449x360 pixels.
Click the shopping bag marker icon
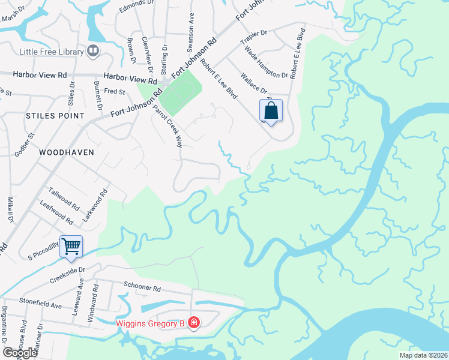tap(271, 111)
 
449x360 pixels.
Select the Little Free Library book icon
tap(92, 51)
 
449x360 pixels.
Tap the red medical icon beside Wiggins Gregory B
tap(193, 324)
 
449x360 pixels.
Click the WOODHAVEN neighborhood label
tap(66, 152)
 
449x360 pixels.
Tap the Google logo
tap(20, 353)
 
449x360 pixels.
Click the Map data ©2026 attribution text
tap(423, 355)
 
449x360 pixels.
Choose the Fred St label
tap(114, 92)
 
